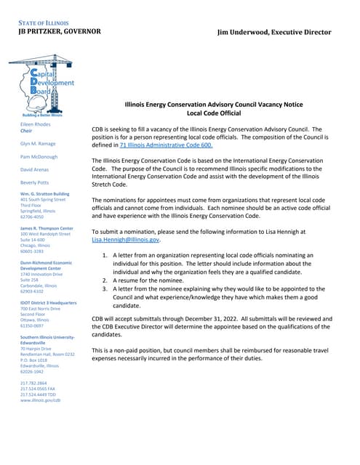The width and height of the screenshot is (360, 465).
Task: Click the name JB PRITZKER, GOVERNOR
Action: click(x=60, y=32)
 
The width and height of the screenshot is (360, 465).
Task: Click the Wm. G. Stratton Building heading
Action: click(x=45, y=194)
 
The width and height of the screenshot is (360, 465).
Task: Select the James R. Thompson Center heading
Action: click(x=47, y=228)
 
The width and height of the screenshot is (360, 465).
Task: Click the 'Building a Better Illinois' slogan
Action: click(x=42, y=115)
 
